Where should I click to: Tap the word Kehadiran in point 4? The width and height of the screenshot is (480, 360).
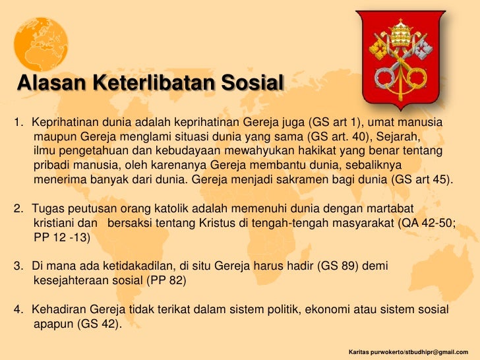point(60,309)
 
